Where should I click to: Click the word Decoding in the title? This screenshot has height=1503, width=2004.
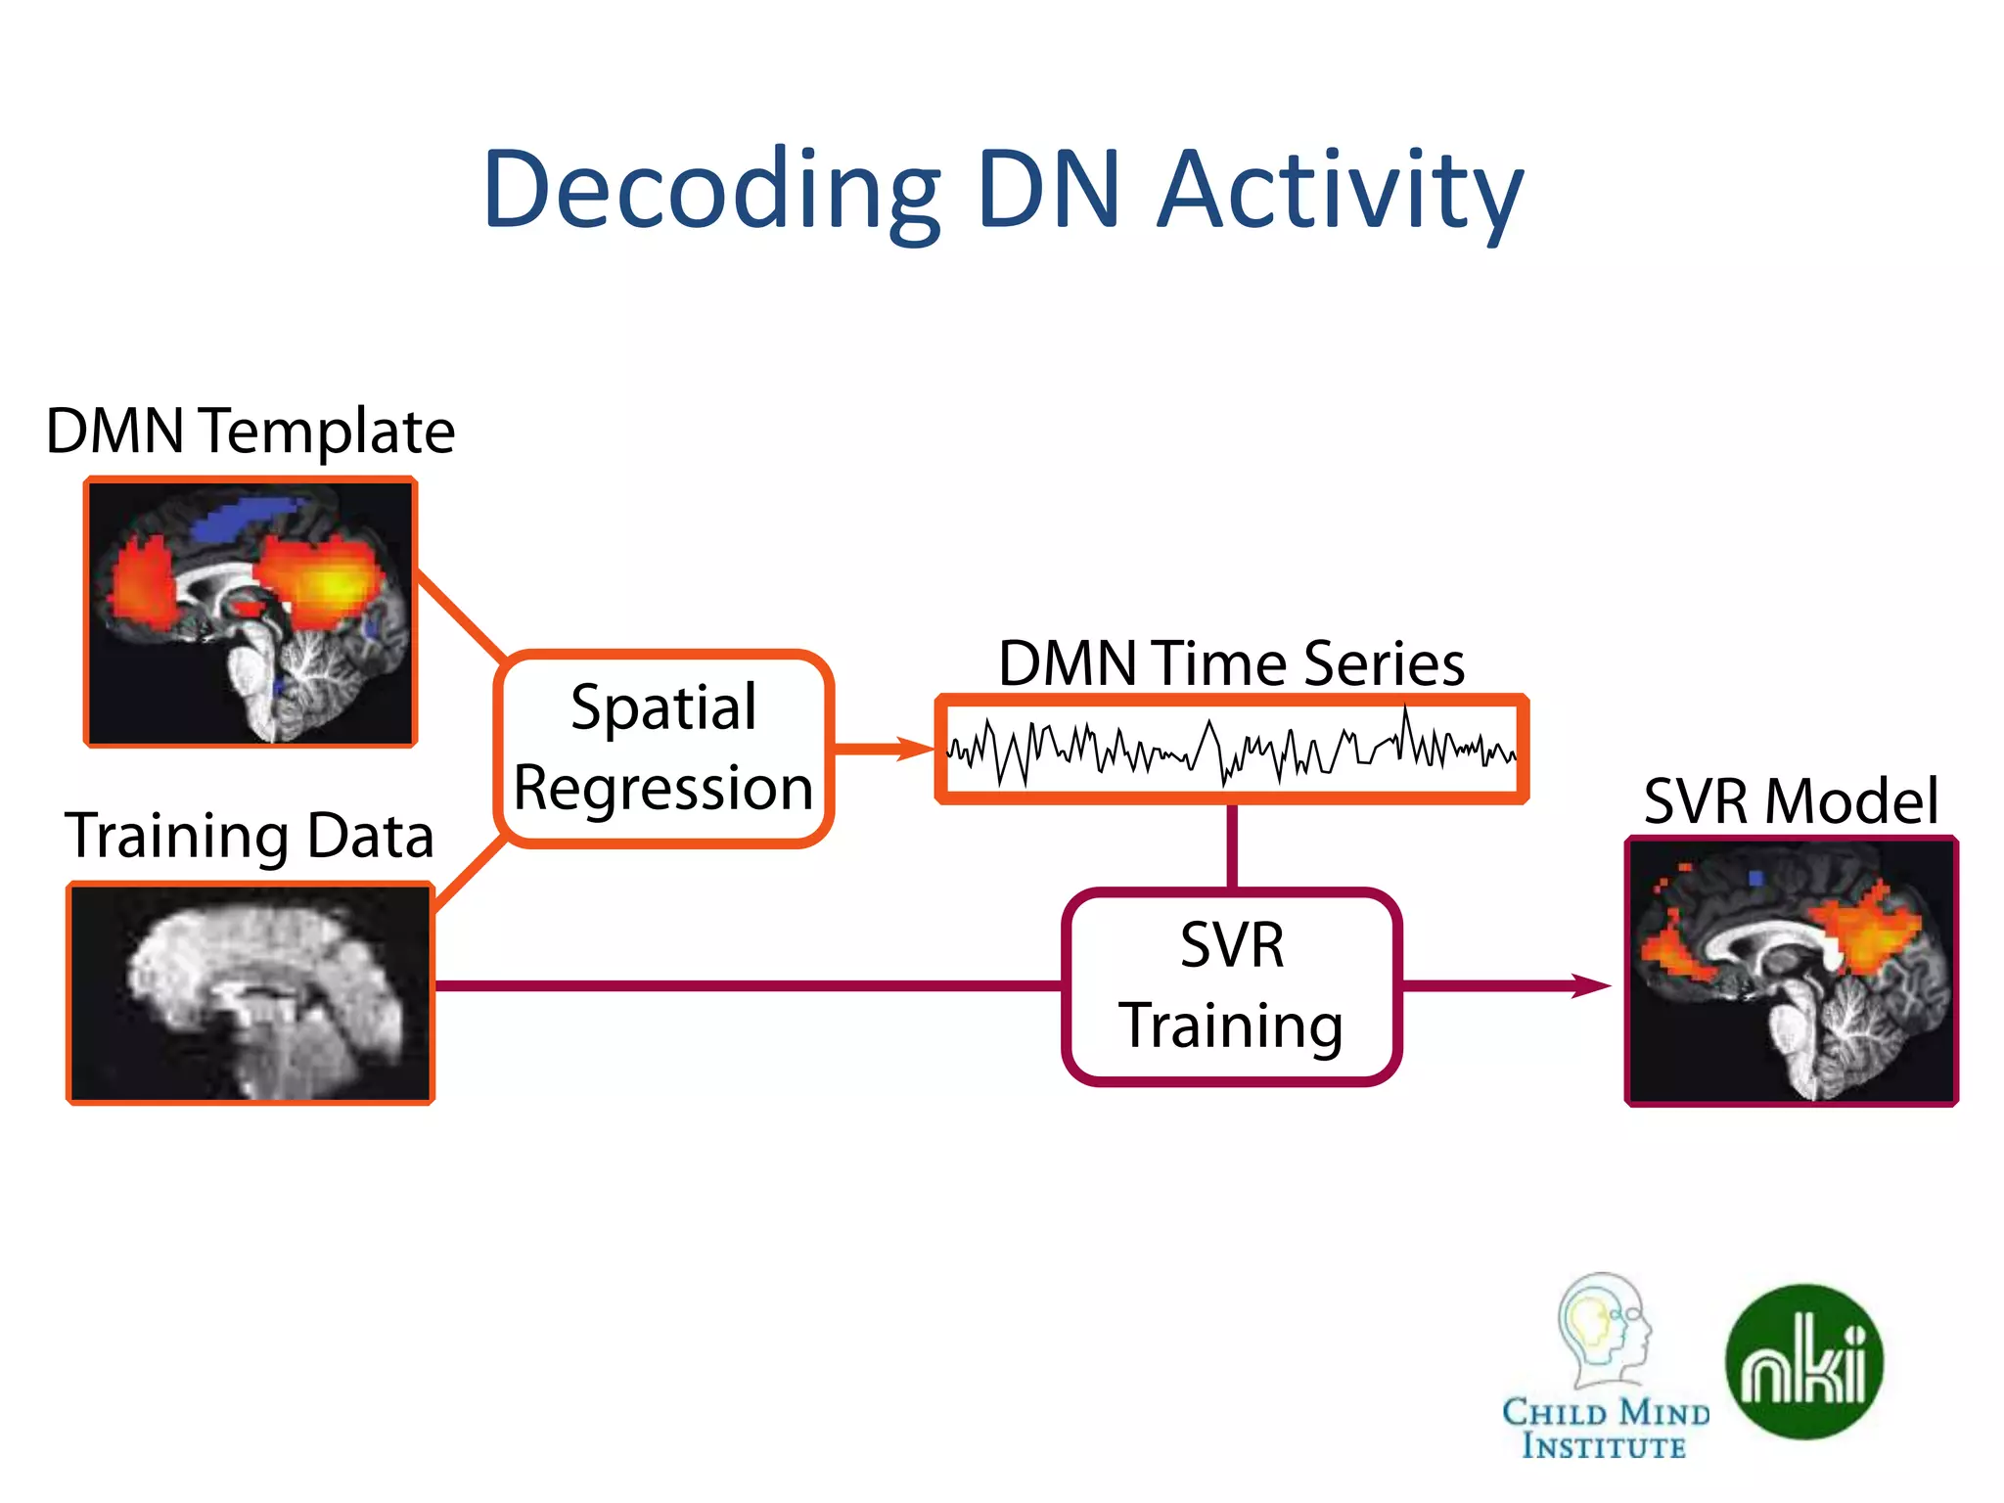tap(711, 191)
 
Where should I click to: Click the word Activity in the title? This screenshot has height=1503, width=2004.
tap(1340, 191)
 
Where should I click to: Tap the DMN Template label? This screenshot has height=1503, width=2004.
tap(250, 431)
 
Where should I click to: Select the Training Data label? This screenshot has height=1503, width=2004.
tap(250, 836)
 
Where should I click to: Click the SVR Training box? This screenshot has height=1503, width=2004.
tap(1232, 986)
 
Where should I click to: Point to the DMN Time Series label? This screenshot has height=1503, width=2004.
tap(1231, 664)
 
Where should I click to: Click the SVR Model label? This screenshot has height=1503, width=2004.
tap(1791, 801)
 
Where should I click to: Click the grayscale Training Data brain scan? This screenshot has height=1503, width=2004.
tap(250, 993)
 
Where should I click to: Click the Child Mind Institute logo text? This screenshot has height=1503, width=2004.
tap(1605, 1429)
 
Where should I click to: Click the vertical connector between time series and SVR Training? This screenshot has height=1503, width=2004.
tap(1232, 846)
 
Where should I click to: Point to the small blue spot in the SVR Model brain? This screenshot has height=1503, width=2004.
tap(1755, 878)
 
